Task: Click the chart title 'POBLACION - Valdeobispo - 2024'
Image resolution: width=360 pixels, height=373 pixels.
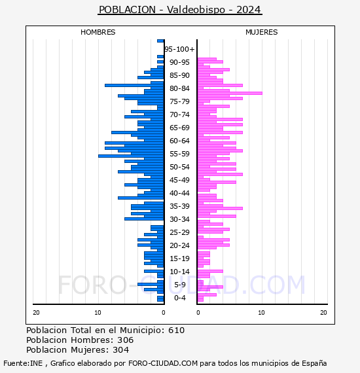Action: pos(180,10)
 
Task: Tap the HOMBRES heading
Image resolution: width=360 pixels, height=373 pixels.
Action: pos(98,32)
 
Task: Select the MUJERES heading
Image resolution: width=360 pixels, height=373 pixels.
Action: pos(262,32)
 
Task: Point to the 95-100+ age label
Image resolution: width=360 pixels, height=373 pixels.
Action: pos(179,49)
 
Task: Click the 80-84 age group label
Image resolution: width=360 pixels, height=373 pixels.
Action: pos(179,88)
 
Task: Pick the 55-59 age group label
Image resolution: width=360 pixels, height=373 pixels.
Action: pos(179,154)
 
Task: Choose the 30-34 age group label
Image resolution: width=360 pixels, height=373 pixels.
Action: pos(179,219)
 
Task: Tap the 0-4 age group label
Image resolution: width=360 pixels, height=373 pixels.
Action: pos(179,298)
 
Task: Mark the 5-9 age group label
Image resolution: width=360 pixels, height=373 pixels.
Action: pos(179,285)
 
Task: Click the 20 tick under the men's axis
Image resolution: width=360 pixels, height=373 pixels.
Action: pos(36,313)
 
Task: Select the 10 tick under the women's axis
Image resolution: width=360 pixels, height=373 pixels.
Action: pos(261,313)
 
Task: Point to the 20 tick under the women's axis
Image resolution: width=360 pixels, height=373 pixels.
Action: pos(323,313)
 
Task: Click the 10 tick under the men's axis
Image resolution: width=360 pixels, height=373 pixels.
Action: pos(98,313)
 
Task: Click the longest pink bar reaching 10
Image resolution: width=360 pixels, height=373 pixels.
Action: pos(230,93)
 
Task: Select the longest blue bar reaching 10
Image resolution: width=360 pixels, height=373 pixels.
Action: pos(131,156)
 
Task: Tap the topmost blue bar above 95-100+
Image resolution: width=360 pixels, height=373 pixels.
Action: pos(160,41)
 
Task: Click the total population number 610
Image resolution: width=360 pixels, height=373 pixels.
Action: pos(176,330)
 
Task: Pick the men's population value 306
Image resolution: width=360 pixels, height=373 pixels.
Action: pos(126,340)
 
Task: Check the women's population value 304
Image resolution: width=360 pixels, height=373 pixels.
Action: pos(121,349)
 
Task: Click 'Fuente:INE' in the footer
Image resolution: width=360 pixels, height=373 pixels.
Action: pos(23,363)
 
